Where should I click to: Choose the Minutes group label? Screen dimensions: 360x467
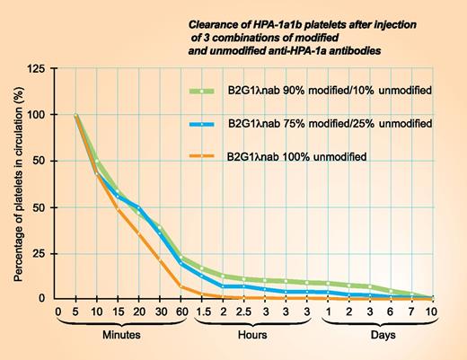coord(120,342)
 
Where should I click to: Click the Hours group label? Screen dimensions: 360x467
coord(252,342)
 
